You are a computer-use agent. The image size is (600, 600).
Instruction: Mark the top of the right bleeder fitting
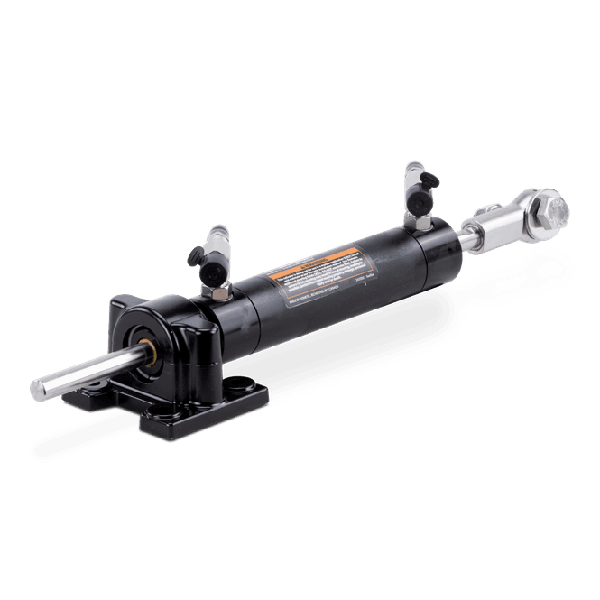tap(413, 168)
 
